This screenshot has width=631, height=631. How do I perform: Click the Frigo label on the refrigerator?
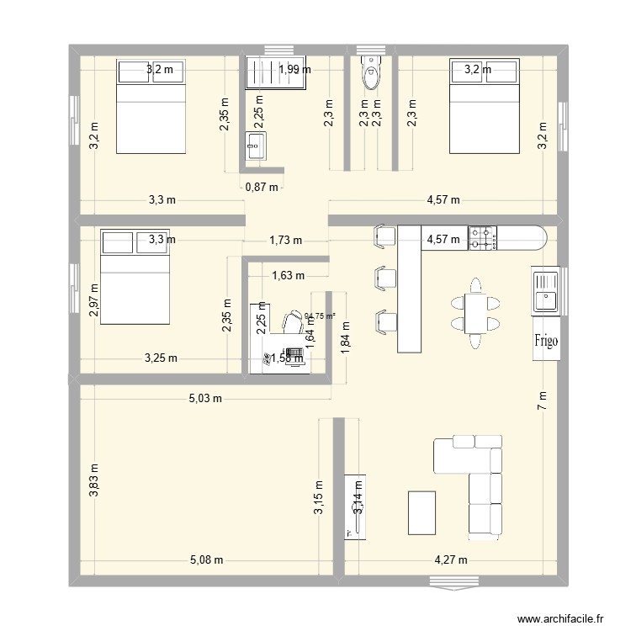coord(545,341)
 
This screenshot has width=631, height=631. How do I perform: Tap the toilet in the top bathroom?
coord(370,73)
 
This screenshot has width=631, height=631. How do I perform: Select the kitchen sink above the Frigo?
coord(545,291)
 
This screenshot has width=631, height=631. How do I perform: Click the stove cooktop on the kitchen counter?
coord(483,238)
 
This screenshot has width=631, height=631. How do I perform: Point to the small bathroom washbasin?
coord(256,146)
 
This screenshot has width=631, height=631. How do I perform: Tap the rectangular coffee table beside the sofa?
coord(422,512)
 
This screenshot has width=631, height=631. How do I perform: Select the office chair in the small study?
coord(292,322)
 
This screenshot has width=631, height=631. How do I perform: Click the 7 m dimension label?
coord(541,401)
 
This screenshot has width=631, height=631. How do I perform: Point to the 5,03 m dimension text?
coord(205,398)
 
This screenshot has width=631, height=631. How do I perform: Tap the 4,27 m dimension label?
coord(451,559)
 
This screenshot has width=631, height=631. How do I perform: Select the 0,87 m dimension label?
coord(262,187)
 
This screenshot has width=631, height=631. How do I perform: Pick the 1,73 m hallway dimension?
coord(286,240)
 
